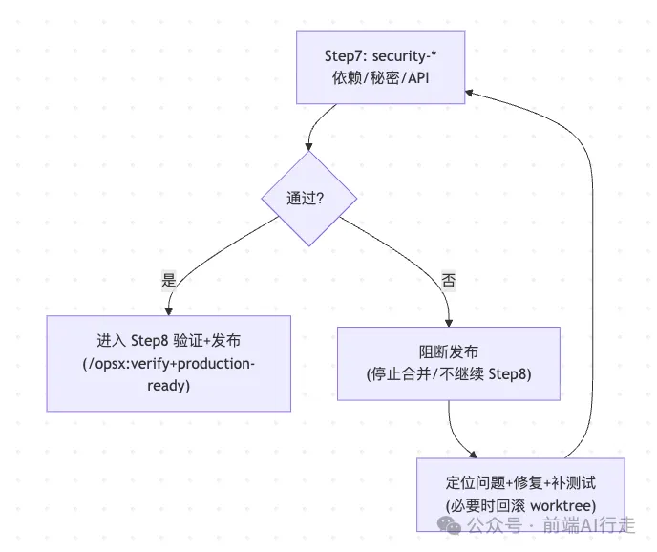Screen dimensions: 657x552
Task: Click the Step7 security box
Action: [x=380, y=67]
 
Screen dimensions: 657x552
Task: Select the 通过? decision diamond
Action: [x=309, y=199]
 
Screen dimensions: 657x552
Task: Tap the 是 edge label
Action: [x=169, y=280]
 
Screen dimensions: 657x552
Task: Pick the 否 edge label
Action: [x=448, y=280]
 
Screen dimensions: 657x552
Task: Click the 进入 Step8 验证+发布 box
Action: [x=168, y=364]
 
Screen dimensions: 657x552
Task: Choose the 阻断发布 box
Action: [x=448, y=364]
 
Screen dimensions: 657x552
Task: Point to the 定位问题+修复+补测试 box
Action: [x=520, y=495]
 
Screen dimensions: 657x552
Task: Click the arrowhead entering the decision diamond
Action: [x=308, y=147]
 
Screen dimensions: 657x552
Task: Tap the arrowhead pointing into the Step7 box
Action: [x=469, y=93]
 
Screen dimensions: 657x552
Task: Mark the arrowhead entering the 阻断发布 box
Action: [x=448, y=323]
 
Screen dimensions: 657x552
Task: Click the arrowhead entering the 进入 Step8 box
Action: [x=168, y=311]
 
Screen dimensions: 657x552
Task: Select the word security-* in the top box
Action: [x=404, y=56]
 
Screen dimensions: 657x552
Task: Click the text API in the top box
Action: [x=418, y=78]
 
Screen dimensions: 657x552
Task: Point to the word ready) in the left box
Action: [x=168, y=386]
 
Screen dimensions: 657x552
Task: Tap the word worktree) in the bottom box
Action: [x=563, y=506]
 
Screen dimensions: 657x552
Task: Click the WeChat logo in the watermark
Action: [x=449, y=525]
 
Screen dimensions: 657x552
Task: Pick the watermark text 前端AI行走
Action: [x=588, y=525]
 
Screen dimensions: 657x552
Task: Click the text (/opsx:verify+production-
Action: [x=168, y=364]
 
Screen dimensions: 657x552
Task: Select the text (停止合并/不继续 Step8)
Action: [x=448, y=374]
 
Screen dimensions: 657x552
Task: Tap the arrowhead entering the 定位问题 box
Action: [x=474, y=455]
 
